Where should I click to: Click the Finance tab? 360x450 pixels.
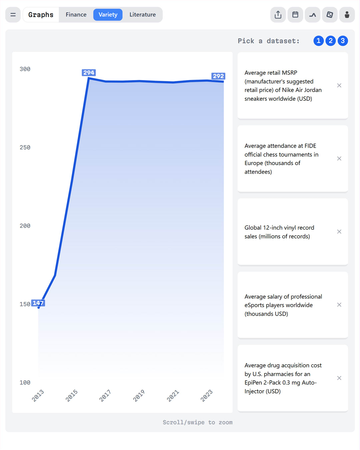tap(76, 15)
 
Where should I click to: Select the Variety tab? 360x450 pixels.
tap(108, 15)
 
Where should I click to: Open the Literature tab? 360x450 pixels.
tap(142, 15)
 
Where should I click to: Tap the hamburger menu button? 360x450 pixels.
tap(13, 15)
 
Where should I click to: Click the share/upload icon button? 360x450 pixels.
tap(278, 15)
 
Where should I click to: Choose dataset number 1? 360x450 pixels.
tap(318, 41)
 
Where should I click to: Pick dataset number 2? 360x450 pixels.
tap(330, 41)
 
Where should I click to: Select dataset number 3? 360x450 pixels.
tap(342, 41)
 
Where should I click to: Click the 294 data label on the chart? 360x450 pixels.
tap(89, 73)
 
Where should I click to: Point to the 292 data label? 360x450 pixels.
tap(218, 76)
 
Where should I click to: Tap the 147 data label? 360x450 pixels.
tap(38, 303)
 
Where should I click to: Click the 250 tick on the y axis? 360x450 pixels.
tap(25, 147)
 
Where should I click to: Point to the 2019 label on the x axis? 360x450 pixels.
tap(139, 395)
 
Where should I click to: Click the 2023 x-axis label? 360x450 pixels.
tap(206, 395)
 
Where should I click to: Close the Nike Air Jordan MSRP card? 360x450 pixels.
tap(339, 86)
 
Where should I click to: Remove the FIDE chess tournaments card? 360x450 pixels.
tap(339, 159)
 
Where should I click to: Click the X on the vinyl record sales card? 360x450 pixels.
tap(339, 232)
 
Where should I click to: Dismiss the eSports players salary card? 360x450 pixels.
tap(339, 305)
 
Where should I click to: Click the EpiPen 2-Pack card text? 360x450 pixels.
tap(283, 378)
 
